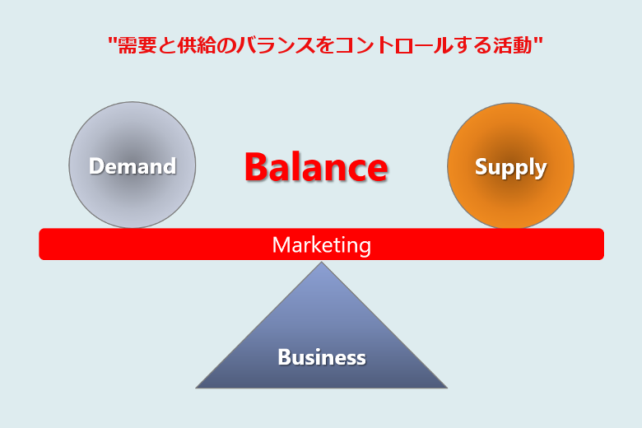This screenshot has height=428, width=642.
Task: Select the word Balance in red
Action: point(316,167)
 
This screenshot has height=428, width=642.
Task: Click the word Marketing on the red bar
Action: point(321,244)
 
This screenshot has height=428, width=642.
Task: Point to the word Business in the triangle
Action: point(321,357)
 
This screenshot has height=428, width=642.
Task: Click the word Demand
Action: point(133,166)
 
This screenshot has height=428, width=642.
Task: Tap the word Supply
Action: point(510,167)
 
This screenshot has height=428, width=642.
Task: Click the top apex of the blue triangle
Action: point(321,264)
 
